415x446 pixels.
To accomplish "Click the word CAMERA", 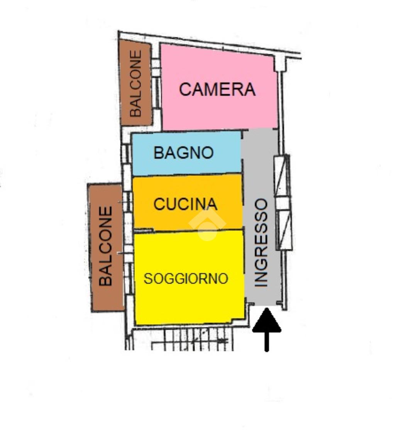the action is [x=217, y=90].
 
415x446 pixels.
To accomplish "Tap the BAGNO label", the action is [x=184, y=153].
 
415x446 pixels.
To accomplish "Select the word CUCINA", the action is [x=185, y=204].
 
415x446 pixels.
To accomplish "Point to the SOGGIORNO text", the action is [x=186, y=279].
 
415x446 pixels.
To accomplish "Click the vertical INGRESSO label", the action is [x=261, y=243].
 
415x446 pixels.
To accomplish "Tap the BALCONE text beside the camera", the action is [x=136, y=83].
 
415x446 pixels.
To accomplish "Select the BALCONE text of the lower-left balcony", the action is [x=105, y=246].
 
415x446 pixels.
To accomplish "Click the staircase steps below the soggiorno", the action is [x=193, y=340].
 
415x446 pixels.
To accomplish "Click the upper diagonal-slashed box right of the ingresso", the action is [x=282, y=176].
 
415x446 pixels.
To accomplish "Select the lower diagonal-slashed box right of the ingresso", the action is [x=284, y=230].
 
